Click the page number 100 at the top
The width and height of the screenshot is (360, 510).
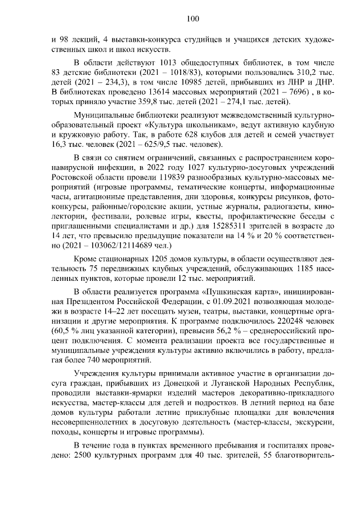(x=193, y=19)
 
